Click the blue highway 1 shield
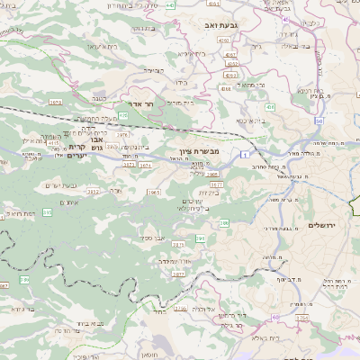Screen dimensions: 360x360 (x=244, y=155)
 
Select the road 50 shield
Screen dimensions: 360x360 (x=319, y=118)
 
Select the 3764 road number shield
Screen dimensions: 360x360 (x=301, y=318)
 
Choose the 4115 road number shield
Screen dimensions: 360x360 (x=53, y=142)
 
